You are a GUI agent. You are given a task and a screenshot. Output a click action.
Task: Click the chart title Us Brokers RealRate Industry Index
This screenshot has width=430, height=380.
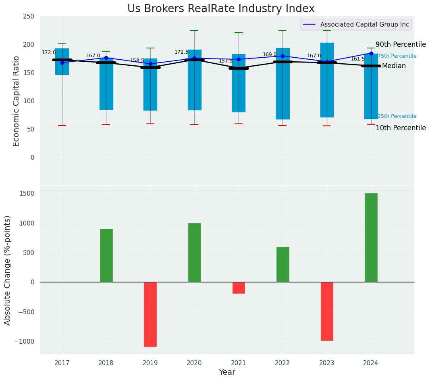pos(221,8)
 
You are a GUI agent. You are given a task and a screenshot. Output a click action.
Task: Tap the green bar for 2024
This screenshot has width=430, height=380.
pos(371,238)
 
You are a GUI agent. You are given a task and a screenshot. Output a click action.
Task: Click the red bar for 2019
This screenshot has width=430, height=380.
pos(150,314)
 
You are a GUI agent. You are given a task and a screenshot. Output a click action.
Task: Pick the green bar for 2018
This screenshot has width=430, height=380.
pos(106,255)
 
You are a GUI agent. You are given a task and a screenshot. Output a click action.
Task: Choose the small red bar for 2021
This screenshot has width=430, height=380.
pos(239,288)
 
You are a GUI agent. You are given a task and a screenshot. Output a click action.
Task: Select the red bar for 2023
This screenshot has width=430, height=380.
pos(327,311)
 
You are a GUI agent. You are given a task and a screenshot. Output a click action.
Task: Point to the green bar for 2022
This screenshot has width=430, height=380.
pos(283,264)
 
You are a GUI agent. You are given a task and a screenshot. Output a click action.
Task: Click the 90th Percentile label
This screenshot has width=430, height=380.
pos(401,44)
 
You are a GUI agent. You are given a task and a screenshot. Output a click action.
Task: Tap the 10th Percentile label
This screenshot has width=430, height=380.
pos(401,128)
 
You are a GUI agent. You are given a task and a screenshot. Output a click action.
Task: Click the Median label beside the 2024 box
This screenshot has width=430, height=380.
pos(394,66)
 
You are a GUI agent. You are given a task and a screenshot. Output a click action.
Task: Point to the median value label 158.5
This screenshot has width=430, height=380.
pos(137,61)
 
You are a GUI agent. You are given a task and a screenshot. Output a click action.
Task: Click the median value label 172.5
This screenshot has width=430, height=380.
pos(181,52)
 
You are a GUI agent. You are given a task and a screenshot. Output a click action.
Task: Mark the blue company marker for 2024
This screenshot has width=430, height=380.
pos(371,53)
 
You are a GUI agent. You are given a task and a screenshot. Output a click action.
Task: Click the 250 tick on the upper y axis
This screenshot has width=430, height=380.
pos(29,17)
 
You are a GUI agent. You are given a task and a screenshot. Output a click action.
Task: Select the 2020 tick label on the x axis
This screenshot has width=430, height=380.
pos(194,363)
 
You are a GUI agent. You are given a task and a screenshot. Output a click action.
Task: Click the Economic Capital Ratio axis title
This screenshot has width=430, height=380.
pos(17,101)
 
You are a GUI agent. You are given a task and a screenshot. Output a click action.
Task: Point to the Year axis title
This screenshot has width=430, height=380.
pos(227,372)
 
